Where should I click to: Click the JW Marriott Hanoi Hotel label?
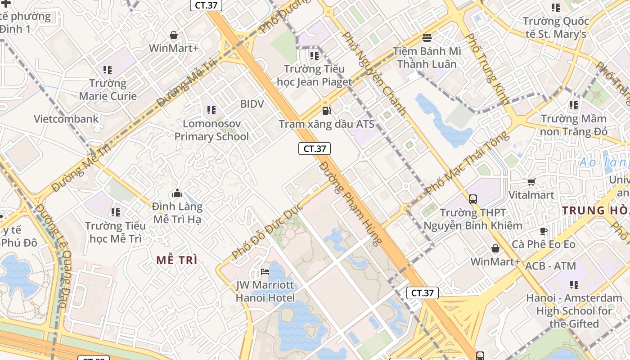265,292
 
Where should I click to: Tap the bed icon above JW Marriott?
265,272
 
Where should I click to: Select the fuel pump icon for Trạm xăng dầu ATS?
327,110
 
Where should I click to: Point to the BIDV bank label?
252,104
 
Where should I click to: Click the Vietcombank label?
66,119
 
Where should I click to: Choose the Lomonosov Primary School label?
211,130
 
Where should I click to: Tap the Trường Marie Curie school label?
108,90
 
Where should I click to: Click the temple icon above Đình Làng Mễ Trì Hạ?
177,193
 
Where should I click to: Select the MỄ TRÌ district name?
177,260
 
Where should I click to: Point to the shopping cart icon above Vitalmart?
531,182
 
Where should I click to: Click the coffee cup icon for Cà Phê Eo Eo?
544,231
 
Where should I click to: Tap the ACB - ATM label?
550,266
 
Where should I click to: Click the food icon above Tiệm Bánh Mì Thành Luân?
427,37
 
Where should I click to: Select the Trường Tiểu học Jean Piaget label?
314,75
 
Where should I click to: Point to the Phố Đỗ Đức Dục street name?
268,231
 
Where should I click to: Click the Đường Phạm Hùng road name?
351,203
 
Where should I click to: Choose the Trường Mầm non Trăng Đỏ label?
574,125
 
